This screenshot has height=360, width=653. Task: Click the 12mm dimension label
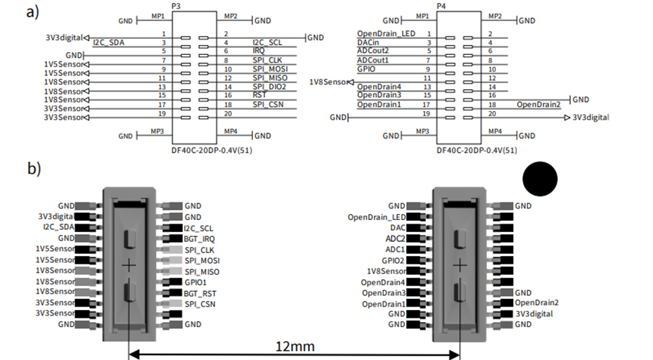coord(295,346)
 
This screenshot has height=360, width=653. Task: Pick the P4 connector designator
coord(441,6)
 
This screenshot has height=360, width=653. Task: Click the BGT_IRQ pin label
coord(200,239)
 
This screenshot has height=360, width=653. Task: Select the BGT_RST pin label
coord(200,292)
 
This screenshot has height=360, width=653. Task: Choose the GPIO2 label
coord(392,259)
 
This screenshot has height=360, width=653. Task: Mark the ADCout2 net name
coord(373,51)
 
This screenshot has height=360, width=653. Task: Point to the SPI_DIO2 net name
coord(271,86)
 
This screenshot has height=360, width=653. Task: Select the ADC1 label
coord(394,249)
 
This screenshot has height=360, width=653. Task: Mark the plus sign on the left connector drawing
coord(129,266)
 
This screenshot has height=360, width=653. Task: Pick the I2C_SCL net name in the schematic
coord(269,42)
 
